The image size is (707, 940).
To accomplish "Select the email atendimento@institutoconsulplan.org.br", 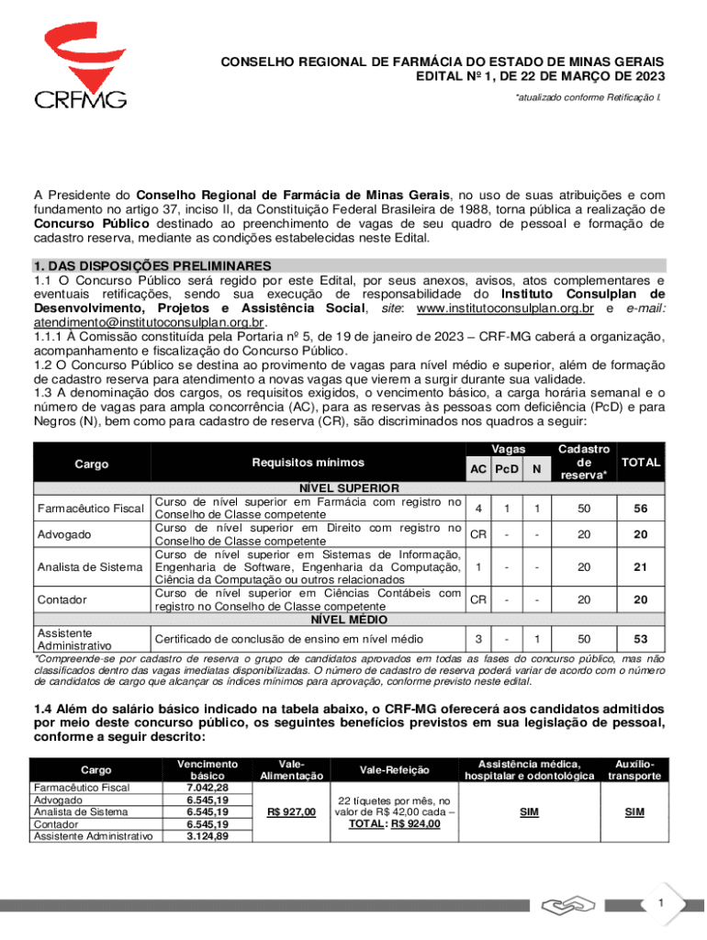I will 149,323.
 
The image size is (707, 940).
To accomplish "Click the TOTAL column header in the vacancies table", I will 641,462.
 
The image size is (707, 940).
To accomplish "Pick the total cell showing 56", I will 641,509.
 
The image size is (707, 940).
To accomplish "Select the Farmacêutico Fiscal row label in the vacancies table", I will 89,509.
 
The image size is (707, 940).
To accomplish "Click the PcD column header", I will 507,469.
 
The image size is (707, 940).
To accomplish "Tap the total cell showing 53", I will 641,637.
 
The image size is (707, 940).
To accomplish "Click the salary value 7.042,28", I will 207,788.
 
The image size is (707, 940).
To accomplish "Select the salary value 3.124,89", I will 207,835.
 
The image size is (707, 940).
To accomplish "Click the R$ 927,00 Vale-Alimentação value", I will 291,811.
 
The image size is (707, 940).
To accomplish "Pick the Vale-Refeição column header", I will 393,769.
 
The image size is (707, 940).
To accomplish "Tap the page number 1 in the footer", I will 659,904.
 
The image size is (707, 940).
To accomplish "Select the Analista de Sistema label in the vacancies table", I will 89,567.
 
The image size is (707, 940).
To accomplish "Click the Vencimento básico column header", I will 207,769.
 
